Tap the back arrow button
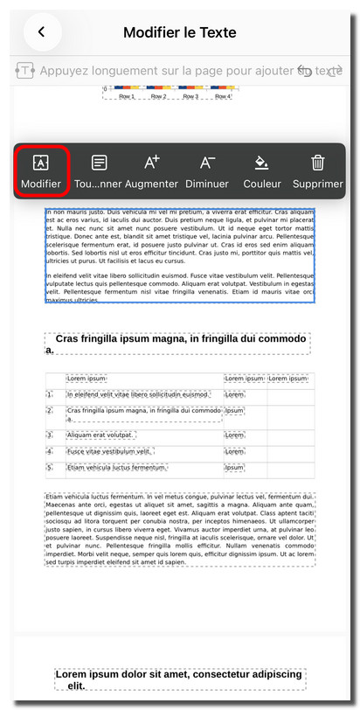(x=41, y=32)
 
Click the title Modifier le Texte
(x=180, y=33)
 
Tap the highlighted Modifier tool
(x=41, y=171)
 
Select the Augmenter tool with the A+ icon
(x=151, y=171)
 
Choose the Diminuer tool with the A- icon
(x=207, y=171)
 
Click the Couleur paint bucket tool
(x=261, y=171)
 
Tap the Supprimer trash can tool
(x=318, y=171)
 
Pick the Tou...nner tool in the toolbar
(x=99, y=171)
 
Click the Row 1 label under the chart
(x=128, y=97)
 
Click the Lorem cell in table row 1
(x=235, y=394)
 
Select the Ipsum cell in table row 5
(x=235, y=468)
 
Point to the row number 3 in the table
(x=51, y=435)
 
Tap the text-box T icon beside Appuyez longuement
(x=25, y=71)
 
